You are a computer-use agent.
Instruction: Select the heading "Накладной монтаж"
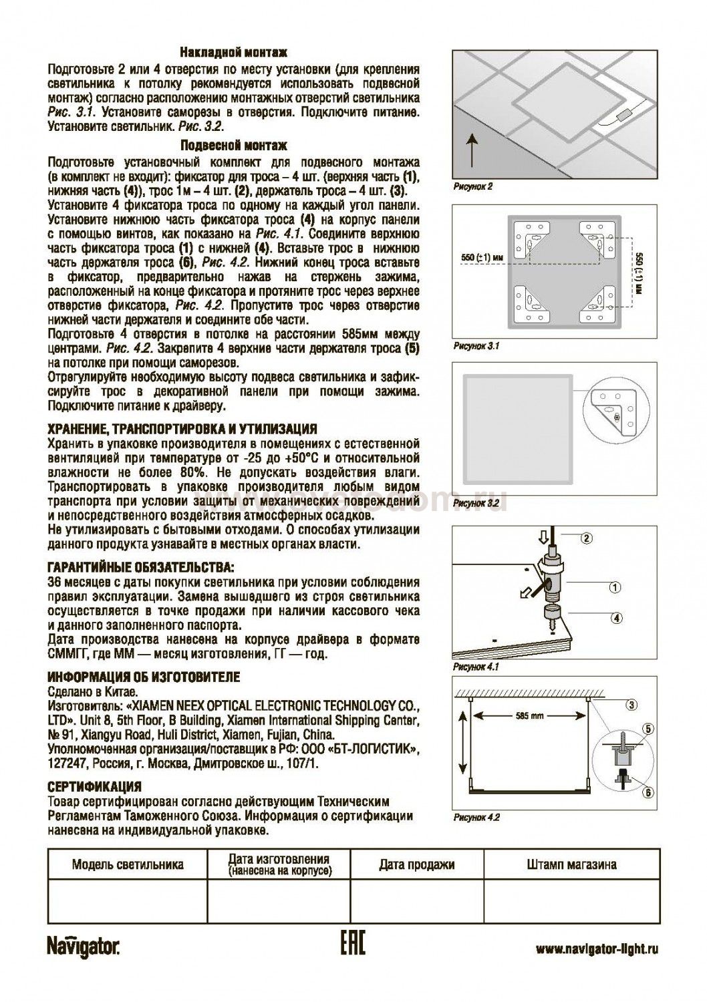pos(234,53)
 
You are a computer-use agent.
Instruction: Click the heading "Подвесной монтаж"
pos(234,146)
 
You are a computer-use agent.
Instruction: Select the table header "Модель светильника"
pos(128,864)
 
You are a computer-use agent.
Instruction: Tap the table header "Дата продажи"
pos(416,864)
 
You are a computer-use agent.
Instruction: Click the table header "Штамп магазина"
pos(571,864)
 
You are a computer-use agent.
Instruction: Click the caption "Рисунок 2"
pos(472,187)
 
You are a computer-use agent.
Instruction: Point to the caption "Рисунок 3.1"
pos(476,346)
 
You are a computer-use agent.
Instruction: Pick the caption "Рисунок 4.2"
pos(476,817)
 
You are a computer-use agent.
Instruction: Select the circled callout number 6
pos(646,792)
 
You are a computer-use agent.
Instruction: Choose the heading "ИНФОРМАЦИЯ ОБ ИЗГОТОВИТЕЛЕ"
pos(144,677)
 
